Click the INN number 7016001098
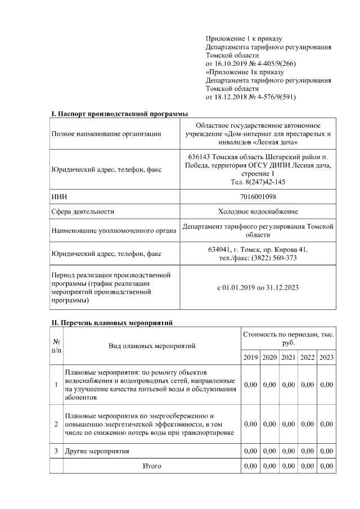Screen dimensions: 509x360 (258, 196)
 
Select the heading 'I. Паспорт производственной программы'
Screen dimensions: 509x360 (119, 114)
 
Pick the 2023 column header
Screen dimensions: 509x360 (326, 357)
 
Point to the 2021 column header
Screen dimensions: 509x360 (289, 357)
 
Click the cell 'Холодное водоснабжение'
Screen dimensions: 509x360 (258, 211)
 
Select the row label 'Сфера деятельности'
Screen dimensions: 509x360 (83, 211)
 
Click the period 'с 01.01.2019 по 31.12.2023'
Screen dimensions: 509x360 (258, 287)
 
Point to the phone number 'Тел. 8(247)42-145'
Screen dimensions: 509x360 (258, 182)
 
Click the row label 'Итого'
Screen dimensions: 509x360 (152, 466)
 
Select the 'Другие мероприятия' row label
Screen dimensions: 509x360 (97, 451)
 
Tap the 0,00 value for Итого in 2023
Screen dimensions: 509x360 (326, 466)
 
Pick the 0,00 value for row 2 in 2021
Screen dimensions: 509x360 (289, 424)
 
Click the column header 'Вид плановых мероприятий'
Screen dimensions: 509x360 (152, 346)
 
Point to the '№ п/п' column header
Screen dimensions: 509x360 (56, 346)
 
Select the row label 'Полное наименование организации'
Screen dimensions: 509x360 (106, 134)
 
